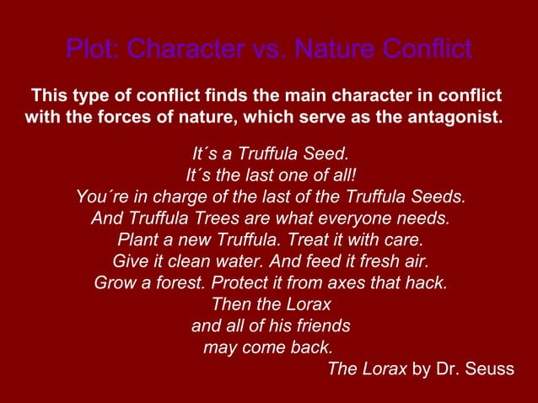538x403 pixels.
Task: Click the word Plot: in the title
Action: (94, 49)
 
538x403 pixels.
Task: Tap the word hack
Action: (425, 282)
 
